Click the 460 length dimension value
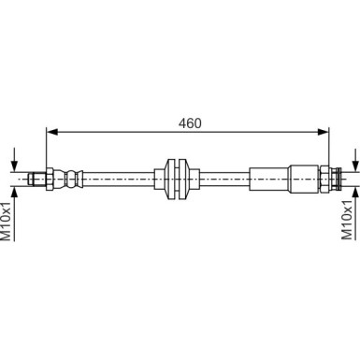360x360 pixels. (190, 123)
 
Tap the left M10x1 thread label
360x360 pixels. (7, 221)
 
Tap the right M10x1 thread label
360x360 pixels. (346, 221)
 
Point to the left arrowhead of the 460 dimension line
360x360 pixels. (52, 132)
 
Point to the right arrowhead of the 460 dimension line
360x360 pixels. (323, 132)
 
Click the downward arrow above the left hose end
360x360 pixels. (14, 160)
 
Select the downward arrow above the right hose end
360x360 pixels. (355, 160)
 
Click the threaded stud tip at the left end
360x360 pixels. (37, 179)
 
